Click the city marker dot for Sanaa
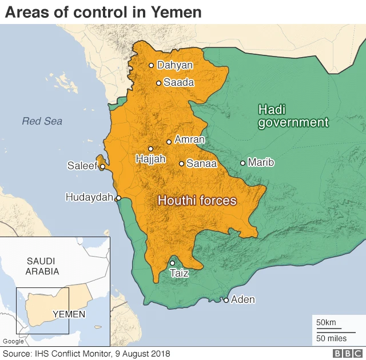(x=181, y=163)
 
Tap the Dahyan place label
(x=174, y=65)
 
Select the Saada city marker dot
(x=158, y=83)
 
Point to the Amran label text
(x=189, y=139)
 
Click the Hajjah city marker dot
(x=150, y=149)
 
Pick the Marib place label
(x=261, y=163)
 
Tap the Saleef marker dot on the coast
(x=102, y=167)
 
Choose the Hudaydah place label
(x=90, y=197)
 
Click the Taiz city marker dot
(x=172, y=263)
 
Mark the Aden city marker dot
(x=226, y=300)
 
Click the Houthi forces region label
(x=197, y=201)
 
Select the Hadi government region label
(x=293, y=115)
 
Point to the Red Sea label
(x=42, y=121)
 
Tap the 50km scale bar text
(x=327, y=323)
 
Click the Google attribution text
(x=14, y=342)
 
